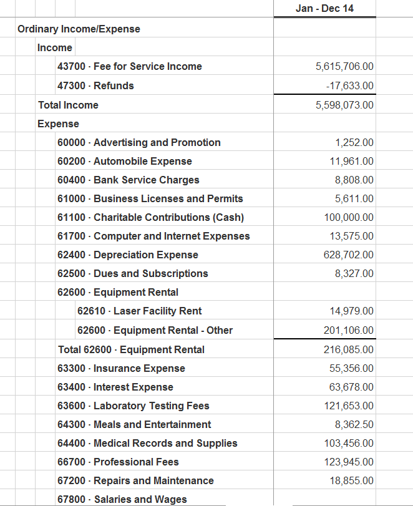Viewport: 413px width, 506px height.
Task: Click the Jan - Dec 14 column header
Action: pos(324,9)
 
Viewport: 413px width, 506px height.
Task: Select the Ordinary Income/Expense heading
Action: pos(79,29)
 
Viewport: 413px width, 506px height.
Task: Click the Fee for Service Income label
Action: pos(129,67)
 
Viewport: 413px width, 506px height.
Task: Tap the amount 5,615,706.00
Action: pos(344,67)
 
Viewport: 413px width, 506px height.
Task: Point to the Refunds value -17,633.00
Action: pos(349,85)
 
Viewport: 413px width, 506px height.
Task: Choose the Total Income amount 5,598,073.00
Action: pos(344,105)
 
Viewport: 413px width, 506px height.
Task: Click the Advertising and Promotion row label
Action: pos(138,142)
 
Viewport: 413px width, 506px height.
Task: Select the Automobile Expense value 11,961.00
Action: pos(352,161)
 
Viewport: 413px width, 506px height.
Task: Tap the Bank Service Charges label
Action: pos(128,180)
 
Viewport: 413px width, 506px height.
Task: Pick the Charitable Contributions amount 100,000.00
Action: pos(349,217)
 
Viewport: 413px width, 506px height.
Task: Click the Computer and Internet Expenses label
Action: pos(153,236)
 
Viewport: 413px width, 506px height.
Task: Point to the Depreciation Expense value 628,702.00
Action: pos(349,255)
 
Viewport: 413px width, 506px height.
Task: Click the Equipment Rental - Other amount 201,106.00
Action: pos(349,330)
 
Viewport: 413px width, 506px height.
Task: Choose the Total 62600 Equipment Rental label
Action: pos(131,349)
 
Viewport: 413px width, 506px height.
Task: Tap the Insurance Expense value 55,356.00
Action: pos(352,368)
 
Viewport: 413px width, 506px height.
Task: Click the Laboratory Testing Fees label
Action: pos(133,406)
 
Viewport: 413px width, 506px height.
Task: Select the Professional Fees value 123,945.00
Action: pos(349,462)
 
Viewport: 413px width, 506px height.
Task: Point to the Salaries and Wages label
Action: pos(122,499)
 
